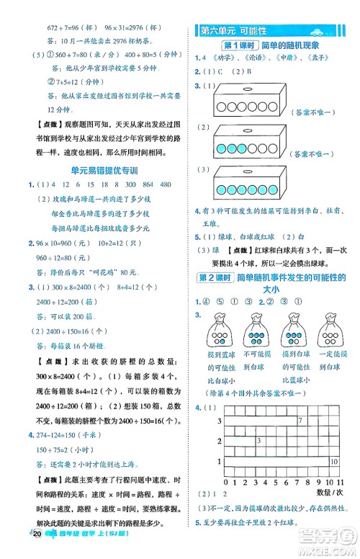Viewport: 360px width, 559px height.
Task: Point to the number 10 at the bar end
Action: (x=333, y=458)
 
